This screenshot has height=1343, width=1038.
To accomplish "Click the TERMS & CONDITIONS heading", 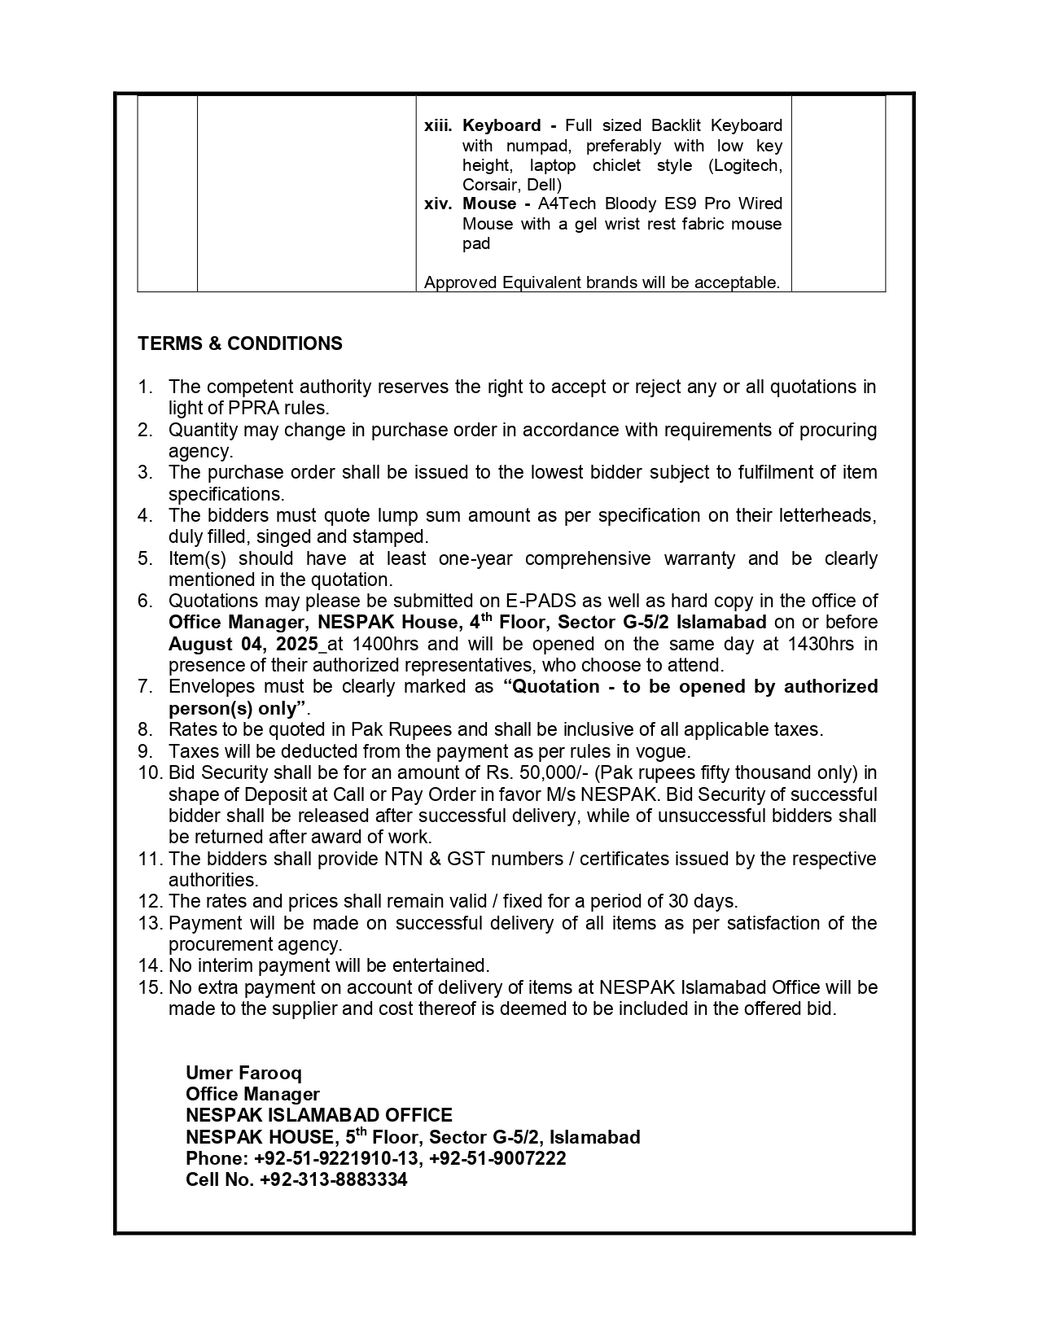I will tap(240, 343).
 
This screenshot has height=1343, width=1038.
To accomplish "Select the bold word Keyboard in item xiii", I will tap(501, 125).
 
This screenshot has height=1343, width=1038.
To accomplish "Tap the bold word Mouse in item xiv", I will tap(489, 203).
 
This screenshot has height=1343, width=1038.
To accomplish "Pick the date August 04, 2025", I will tap(243, 644).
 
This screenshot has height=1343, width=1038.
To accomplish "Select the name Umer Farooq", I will tap(243, 1073).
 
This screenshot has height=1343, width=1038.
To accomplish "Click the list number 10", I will tap(150, 772).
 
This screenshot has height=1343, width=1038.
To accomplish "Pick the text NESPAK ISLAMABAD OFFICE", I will tap(318, 1115).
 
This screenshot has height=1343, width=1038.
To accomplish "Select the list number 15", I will tap(150, 987).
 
